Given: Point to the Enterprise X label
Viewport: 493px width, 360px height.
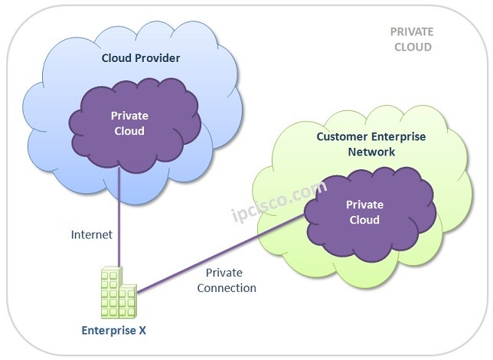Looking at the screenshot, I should click(115, 331).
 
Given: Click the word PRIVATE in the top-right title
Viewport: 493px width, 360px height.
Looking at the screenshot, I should click(411, 32).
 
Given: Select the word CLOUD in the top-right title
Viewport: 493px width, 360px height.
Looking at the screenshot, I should click(411, 47).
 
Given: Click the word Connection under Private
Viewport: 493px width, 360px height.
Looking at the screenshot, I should click(227, 288).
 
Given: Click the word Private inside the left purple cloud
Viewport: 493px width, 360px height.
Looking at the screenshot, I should click(129, 116).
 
